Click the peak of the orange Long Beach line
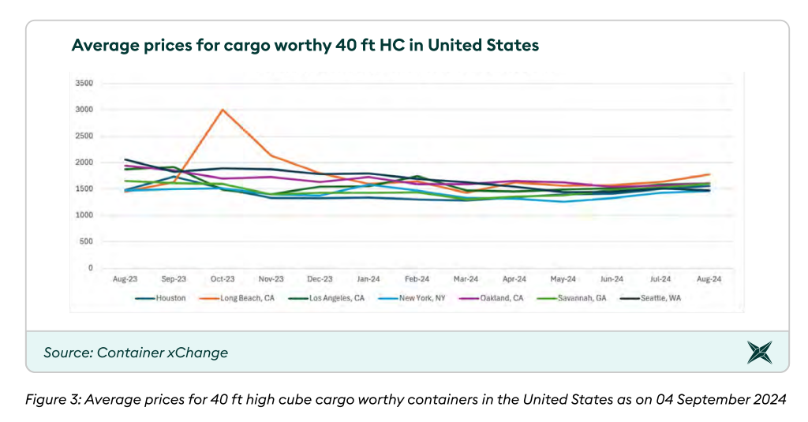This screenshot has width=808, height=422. (x=223, y=110)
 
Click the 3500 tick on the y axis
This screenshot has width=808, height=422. (x=83, y=83)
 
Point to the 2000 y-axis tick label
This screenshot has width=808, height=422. (x=83, y=162)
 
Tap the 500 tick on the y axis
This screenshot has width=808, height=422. (x=87, y=242)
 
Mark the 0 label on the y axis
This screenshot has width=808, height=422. (x=90, y=268)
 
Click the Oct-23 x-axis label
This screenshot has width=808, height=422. (x=223, y=279)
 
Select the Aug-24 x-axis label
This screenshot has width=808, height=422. (x=709, y=279)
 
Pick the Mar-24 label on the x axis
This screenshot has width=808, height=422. (x=466, y=279)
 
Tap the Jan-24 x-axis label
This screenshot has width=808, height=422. (x=368, y=279)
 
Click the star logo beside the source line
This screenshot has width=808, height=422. (x=760, y=353)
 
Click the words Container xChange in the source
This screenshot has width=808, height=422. (x=163, y=353)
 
